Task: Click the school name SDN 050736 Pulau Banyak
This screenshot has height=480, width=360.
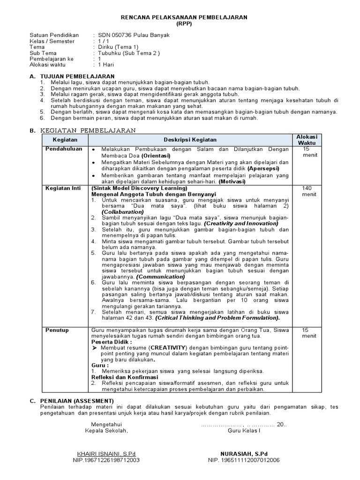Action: pyautogui.click(x=133, y=35)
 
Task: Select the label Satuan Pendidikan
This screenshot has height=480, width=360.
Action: pyautogui.click(x=54, y=35)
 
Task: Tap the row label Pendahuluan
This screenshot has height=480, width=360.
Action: pyautogui.click(x=64, y=149)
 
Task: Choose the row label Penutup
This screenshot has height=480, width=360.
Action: pyautogui.click(x=57, y=330)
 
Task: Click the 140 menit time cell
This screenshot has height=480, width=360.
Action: pyautogui.click(x=307, y=191)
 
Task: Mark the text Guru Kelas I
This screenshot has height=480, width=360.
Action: pyautogui.click(x=243, y=430)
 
